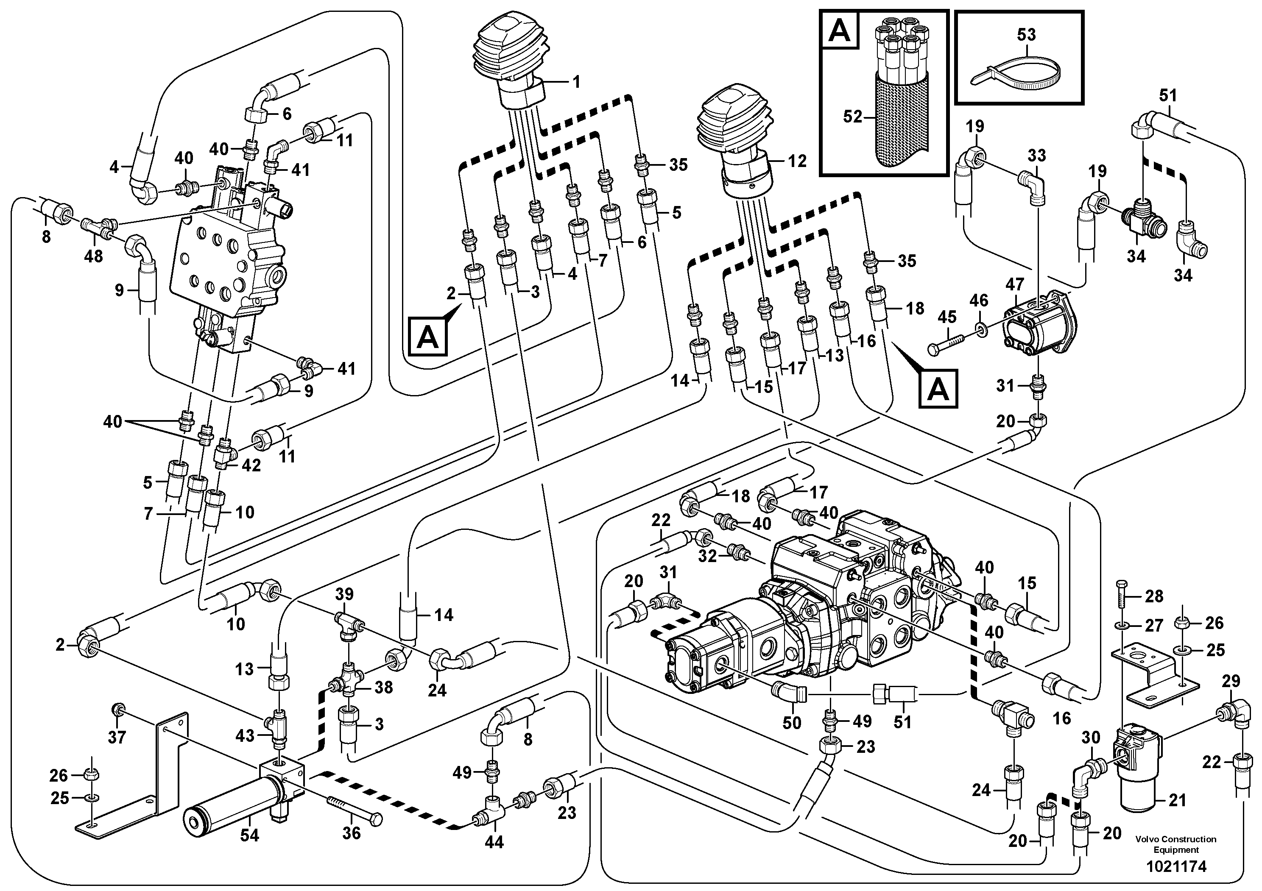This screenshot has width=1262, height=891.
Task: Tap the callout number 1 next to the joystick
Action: click(575, 82)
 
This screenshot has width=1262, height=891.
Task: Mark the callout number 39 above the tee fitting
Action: click(345, 594)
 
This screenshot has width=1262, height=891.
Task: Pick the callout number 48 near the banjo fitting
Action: click(93, 256)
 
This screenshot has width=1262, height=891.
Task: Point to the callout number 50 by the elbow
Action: click(792, 722)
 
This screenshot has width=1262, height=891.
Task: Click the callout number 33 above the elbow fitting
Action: click(1037, 156)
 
